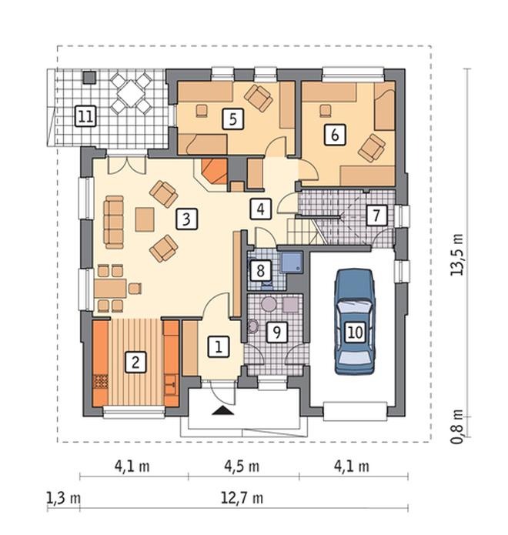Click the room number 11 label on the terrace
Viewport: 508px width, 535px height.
coord(85,116)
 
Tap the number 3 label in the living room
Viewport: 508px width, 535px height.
coord(186,219)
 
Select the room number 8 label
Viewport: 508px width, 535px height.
coord(260,270)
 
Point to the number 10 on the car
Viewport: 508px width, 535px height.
coord(355,332)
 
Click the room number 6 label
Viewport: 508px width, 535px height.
coord(335,135)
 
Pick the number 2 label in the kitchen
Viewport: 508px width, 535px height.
coord(135,362)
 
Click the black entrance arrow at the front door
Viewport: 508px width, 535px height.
coord(222,410)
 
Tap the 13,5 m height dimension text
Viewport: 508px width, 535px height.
coord(457,255)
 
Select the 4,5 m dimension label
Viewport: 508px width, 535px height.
coord(242,466)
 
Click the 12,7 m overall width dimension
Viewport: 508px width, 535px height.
coord(242,499)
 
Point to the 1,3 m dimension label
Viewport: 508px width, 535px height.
coord(63,499)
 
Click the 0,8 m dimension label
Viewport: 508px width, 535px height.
coord(457,426)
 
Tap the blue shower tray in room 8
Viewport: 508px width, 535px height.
coord(292,262)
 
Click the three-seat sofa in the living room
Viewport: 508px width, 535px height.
coord(114,222)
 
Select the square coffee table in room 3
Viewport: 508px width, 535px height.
coord(145,219)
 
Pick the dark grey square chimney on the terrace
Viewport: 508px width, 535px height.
coord(90,77)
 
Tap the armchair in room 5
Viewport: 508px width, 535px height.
coord(259,98)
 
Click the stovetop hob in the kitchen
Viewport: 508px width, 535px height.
coord(101,383)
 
